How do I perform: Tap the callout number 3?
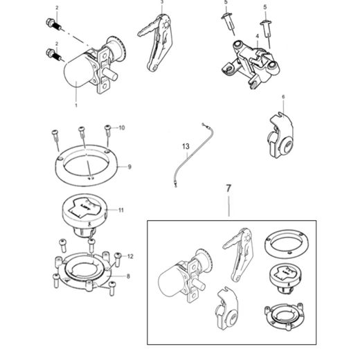tap(162, 3)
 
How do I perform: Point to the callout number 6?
tap(282, 99)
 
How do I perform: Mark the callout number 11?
tap(120, 209)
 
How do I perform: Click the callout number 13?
tap(185, 147)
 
